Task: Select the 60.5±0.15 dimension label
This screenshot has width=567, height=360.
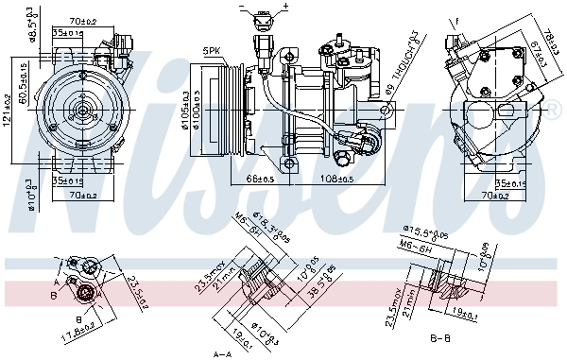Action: point(21,87)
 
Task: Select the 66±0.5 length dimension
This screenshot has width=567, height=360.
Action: point(260,177)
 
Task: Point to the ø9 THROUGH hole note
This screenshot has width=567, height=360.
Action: point(400,64)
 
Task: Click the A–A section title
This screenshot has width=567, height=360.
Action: point(221,353)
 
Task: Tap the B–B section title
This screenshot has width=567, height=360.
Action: point(440,335)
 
